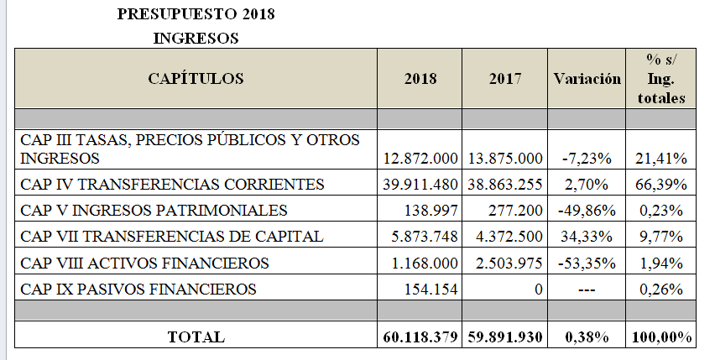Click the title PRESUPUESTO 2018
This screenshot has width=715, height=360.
pos(196,14)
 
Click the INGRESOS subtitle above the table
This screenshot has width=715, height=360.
pos(196,39)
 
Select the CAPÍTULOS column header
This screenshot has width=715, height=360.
pos(196,78)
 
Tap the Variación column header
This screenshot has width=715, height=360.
pos(587,79)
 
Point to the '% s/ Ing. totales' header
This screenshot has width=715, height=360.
pos(661,79)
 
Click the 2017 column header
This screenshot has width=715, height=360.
pos(505,79)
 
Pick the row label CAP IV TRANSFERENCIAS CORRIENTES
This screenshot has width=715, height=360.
pos(172,184)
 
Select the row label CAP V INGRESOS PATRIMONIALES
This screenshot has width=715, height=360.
pos(154,210)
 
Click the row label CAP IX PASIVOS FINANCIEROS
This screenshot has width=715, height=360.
pos(138,289)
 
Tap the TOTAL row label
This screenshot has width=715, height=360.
pos(196,337)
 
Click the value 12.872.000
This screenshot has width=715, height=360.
pos(420,158)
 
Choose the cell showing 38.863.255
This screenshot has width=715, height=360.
pos(505,184)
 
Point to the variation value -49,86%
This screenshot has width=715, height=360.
pos(587,211)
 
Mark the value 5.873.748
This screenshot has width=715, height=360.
pos(425,237)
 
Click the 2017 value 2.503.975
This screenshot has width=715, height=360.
pos(509,263)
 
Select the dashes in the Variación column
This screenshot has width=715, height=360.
pos(587,290)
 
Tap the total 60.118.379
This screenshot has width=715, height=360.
pos(420,337)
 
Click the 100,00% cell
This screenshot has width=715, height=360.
pos(661,337)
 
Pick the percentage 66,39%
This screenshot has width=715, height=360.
pos(661,184)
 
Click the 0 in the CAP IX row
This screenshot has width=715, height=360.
pos(539,290)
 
